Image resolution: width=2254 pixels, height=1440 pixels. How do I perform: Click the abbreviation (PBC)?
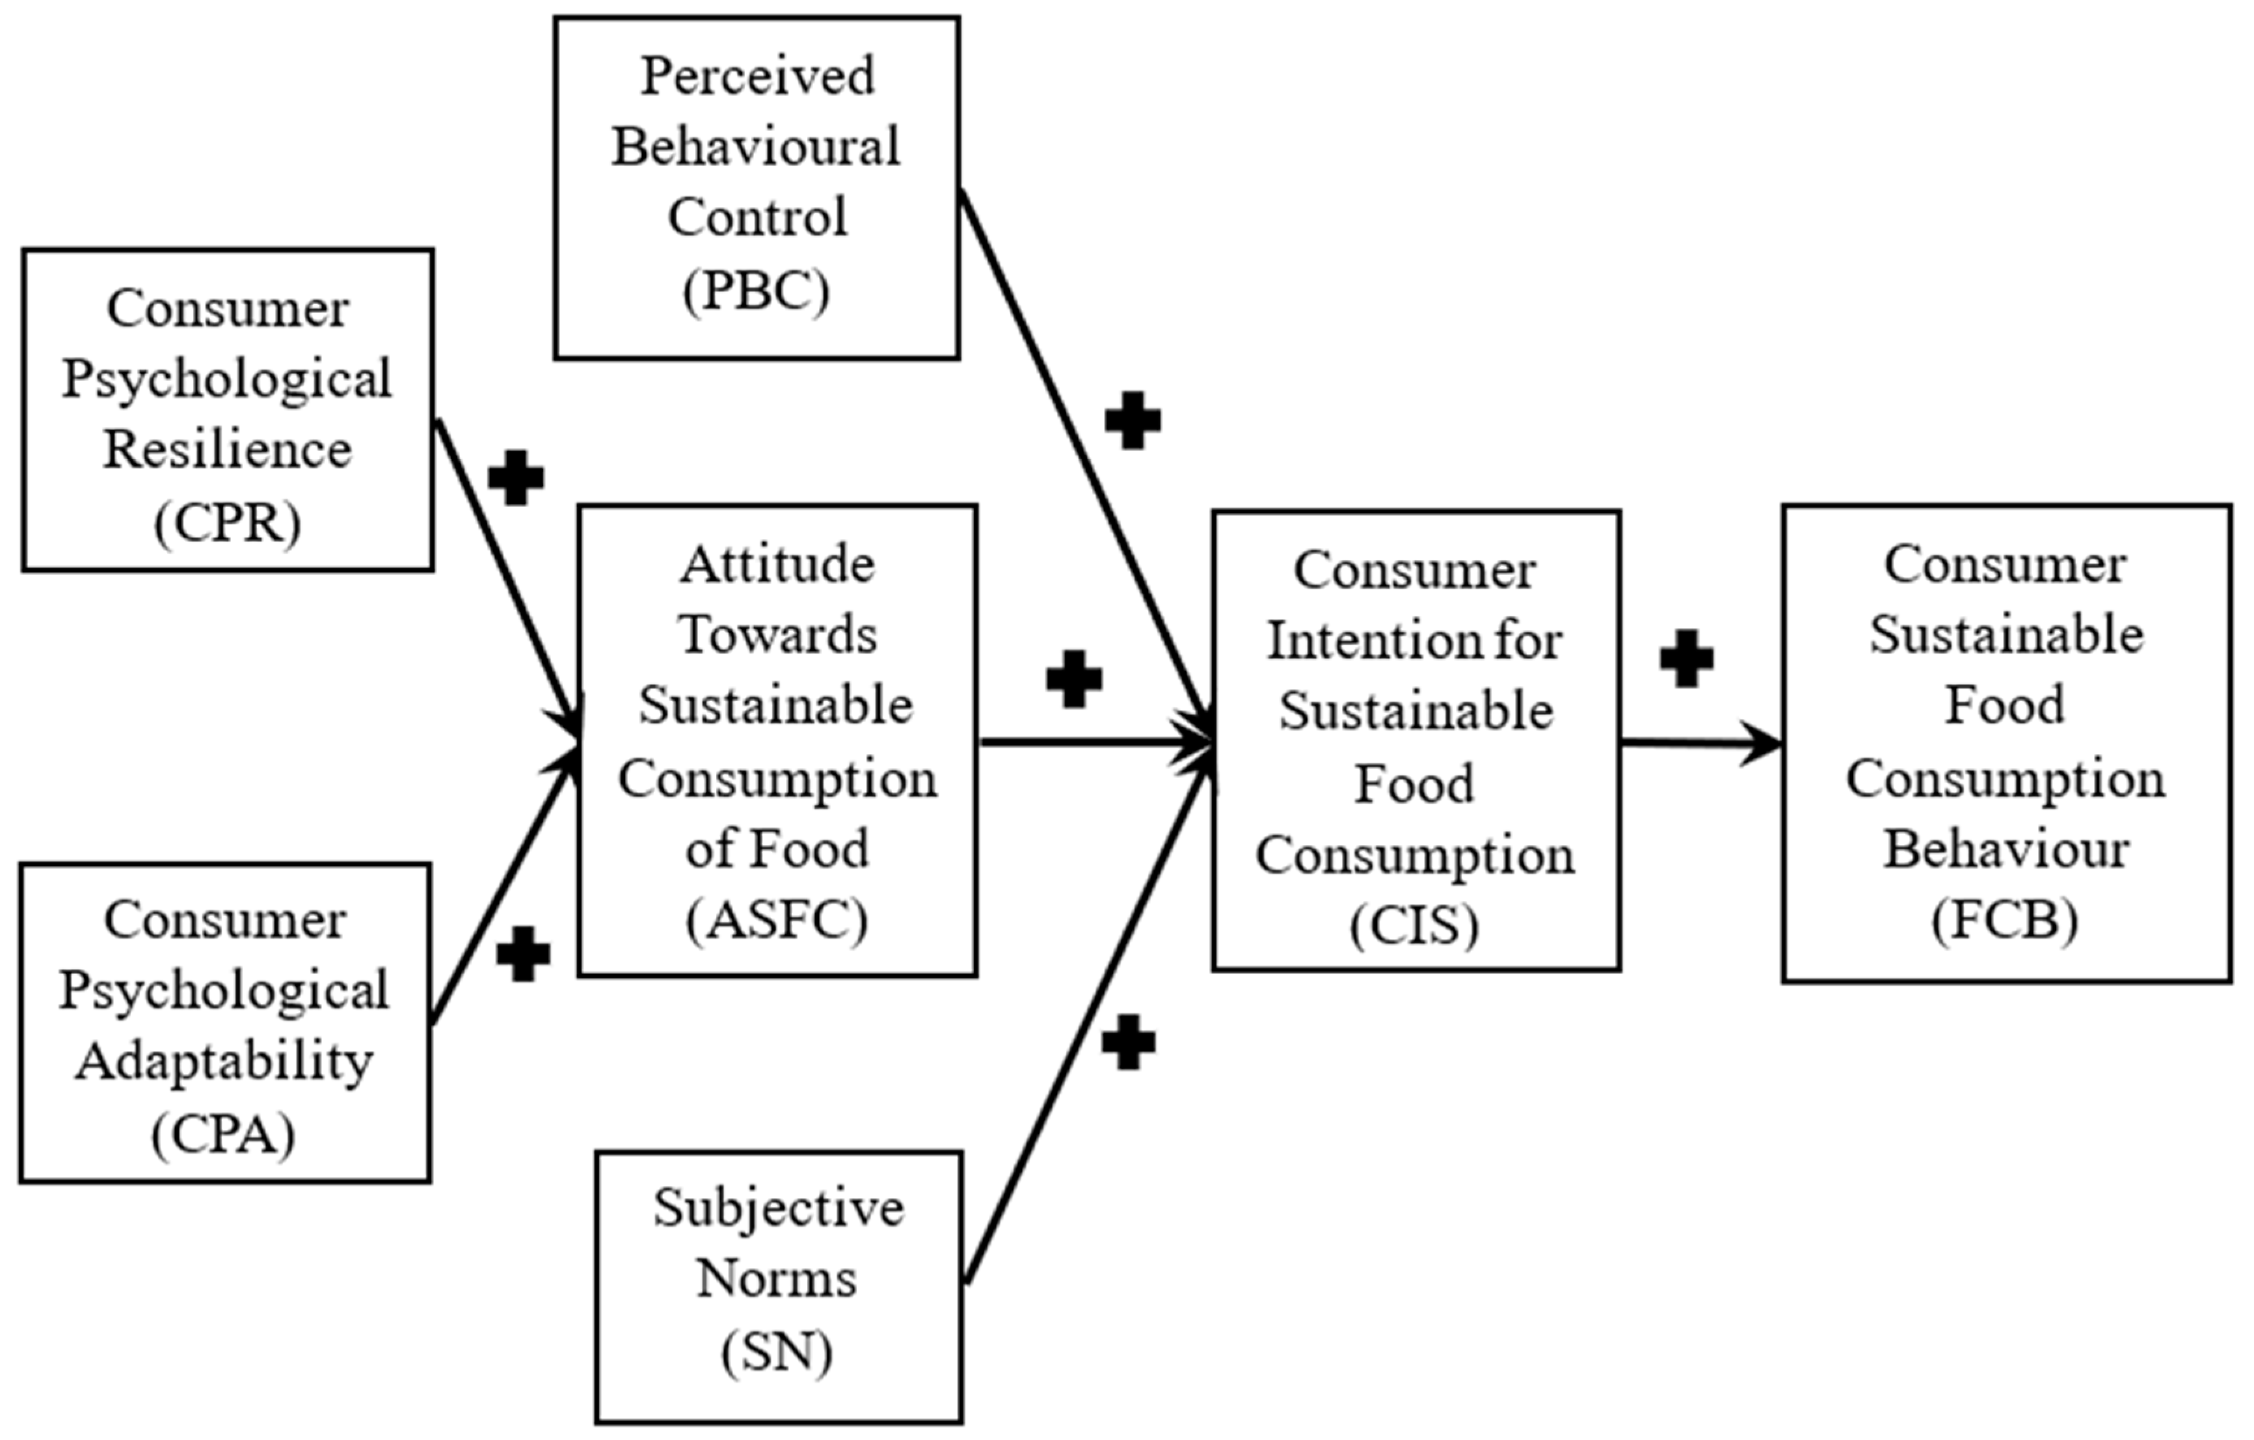[757, 291]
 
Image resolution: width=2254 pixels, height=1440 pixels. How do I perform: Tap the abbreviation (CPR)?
[228, 523]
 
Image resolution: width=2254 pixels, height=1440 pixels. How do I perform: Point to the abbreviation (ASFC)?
[777, 920]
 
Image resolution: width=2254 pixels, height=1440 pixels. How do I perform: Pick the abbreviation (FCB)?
[2005, 920]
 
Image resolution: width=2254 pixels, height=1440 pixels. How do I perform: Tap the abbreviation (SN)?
[777, 1352]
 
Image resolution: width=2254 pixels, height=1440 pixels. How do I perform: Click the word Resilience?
[228, 450]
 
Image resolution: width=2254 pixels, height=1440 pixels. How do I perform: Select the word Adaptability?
[224, 1063]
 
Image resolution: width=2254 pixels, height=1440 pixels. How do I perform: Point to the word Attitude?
[777, 565]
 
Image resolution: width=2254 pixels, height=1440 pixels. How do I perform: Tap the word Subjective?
[778, 1208]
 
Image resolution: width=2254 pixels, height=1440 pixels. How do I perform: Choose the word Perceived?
[757, 76]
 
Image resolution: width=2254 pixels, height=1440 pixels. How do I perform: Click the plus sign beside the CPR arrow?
[516, 478]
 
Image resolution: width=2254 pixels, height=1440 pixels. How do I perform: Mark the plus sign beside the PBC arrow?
[1133, 420]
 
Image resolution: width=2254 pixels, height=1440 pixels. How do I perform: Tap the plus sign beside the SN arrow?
[1128, 1042]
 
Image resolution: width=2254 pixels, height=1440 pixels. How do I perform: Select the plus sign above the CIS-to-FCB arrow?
[1687, 659]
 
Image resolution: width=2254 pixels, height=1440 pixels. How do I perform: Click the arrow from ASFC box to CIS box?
[1095, 742]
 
